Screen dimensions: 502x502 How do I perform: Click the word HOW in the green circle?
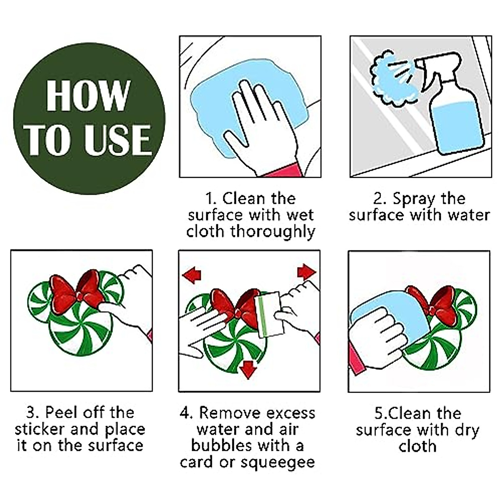tap(88, 95)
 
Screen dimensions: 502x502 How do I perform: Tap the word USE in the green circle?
tap(118, 140)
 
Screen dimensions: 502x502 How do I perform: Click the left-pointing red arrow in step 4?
tap(192, 275)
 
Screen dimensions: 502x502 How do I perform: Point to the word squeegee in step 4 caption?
tap(277, 463)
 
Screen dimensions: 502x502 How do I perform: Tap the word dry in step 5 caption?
tap(467, 430)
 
